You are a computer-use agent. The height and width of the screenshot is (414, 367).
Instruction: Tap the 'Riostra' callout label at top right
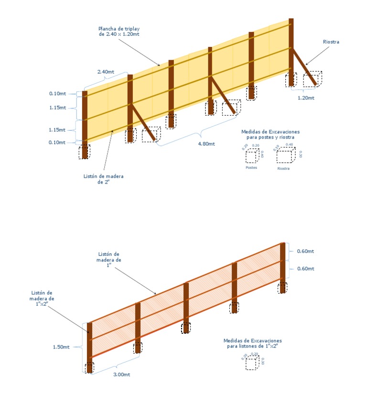point(331,42)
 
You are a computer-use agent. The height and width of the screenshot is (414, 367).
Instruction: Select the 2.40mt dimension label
point(106,72)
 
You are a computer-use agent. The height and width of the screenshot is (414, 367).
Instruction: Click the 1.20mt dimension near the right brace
point(306,98)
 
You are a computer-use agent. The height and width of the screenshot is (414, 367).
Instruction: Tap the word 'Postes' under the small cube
point(251,168)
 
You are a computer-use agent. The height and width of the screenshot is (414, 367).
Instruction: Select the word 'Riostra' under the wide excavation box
point(283,168)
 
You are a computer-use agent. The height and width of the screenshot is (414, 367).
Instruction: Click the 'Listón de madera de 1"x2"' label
point(43,296)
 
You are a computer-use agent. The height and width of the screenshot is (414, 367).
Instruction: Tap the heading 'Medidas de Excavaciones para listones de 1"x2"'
point(253,343)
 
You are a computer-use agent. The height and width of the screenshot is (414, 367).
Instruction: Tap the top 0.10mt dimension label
point(57,94)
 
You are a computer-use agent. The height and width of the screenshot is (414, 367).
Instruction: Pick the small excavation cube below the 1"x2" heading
point(252,363)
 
